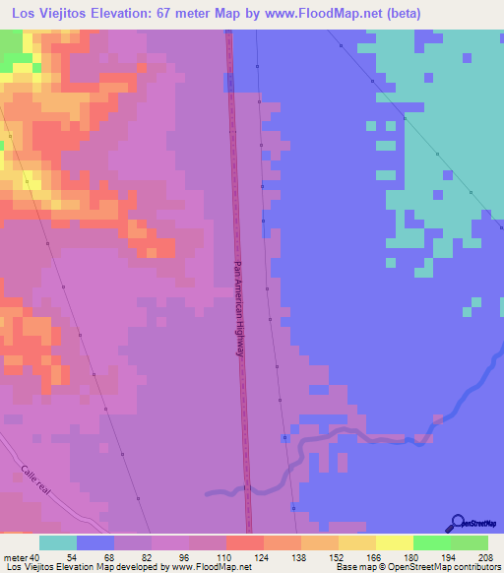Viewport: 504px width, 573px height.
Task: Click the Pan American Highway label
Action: tap(237, 315)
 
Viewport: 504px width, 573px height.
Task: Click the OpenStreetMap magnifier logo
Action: tap(457, 522)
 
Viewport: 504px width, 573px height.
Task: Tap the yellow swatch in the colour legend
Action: tap(394, 542)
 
